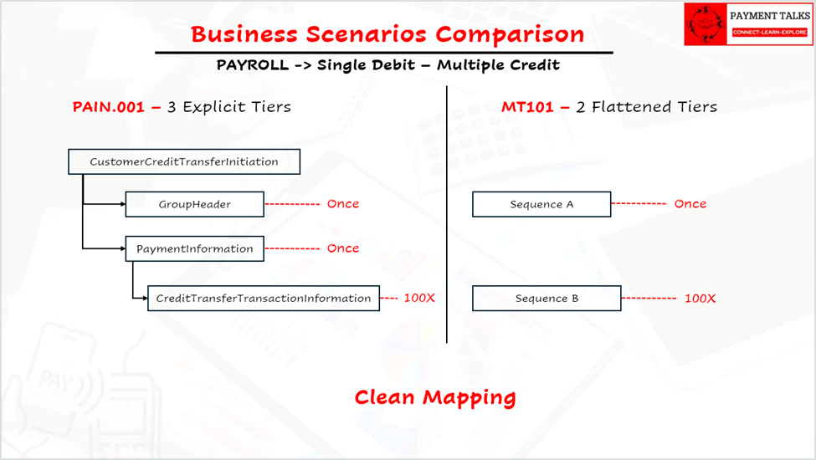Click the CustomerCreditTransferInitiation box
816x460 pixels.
(x=184, y=161)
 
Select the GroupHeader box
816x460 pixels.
(x=195, y=204)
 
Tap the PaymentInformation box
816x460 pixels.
(x=195, y=248)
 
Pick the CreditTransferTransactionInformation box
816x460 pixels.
(x=264, y=299)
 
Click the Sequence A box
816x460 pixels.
(x=541, y=204)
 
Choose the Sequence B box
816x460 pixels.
(x=547, y=299)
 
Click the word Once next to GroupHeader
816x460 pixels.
(x=343, y=204)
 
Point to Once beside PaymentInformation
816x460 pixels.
(x=343, y=248)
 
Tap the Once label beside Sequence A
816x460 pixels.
(x=690, y=204)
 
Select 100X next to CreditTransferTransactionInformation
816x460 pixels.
(x=419, y=298)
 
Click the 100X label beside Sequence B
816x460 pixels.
(x=700, y=299)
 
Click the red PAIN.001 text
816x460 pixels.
(x=108, y=107)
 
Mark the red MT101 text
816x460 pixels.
(x=527, y=107)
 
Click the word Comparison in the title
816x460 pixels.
(x=510, y=35)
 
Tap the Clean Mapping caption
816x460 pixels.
(x=435, y=397)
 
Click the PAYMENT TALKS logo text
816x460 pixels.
(x=770, y=16)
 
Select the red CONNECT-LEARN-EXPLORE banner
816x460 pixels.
(x=770, y=33)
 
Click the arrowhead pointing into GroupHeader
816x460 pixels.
(x=123, y=204)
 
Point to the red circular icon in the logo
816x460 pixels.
(x=706, y=24)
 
